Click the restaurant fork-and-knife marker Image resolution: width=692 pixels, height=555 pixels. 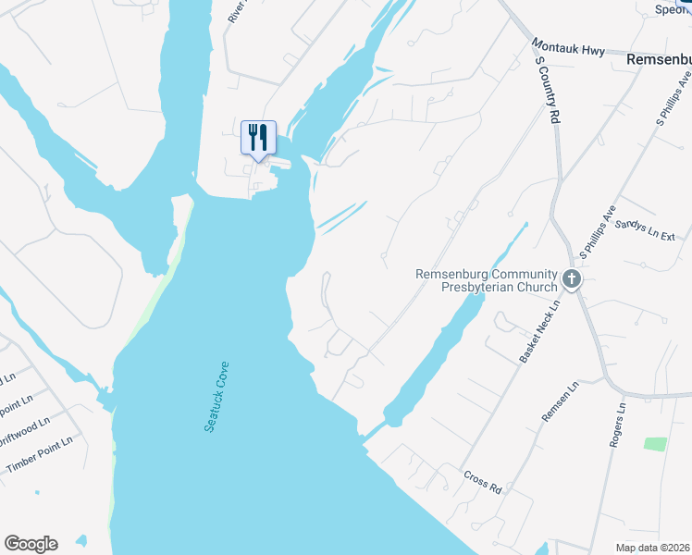(x=256, y=137)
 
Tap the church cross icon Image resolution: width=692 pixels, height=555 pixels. (x=572, y=277)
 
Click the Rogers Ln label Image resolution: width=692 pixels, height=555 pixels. (x=617, y=425)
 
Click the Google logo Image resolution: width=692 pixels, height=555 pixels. (x=31, y=544)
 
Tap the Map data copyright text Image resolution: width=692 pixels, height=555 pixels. (x=652, y=548)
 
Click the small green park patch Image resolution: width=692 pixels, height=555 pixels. (x=655, y=444)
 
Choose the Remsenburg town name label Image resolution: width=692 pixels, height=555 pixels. (x=658, y=58)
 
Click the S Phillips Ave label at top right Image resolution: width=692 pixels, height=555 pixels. (x=673, y=102)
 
